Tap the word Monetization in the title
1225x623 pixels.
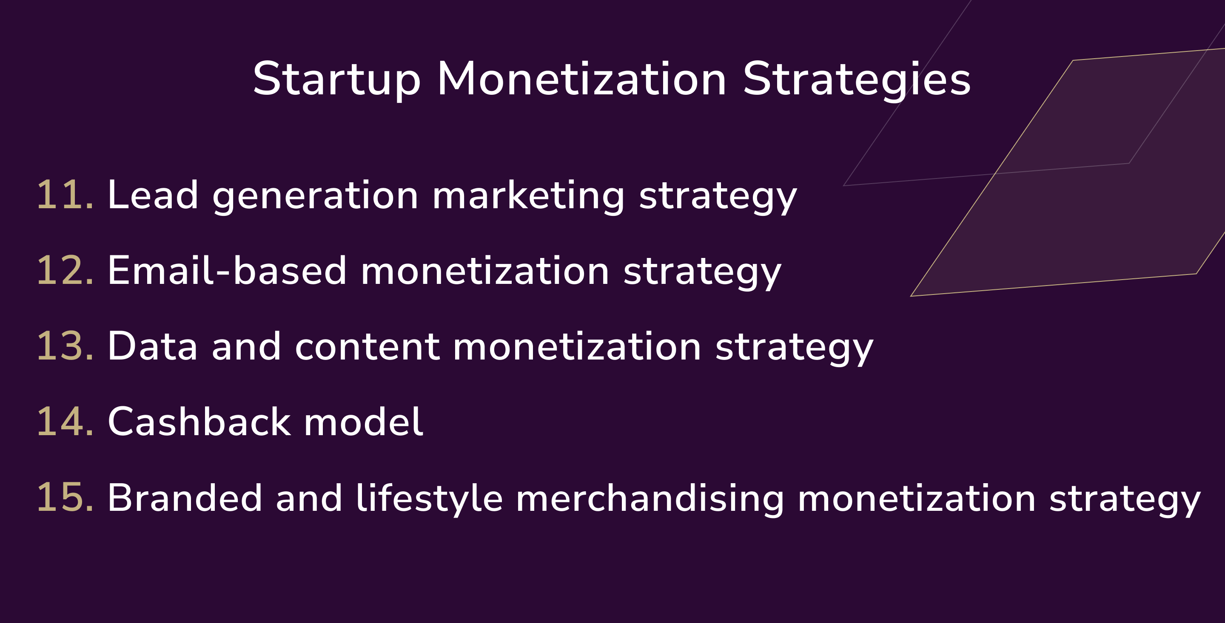tap(581, 79)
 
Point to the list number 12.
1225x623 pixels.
tap(65, 271)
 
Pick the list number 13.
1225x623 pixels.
tap(65, 346)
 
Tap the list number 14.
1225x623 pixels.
tap(65, 422)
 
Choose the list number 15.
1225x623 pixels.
tap(65, 498)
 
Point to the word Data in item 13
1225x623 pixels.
tap(153, 346)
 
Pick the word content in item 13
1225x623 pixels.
tap(367, 347)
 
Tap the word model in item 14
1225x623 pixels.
tap(363, 422)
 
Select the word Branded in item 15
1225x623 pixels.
tap(185, 498)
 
